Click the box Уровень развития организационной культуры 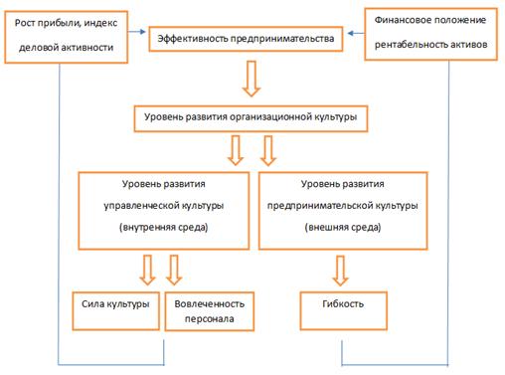tap(252, 117)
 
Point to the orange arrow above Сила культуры tap(146, 269)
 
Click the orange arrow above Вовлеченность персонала tap(176, 269)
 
